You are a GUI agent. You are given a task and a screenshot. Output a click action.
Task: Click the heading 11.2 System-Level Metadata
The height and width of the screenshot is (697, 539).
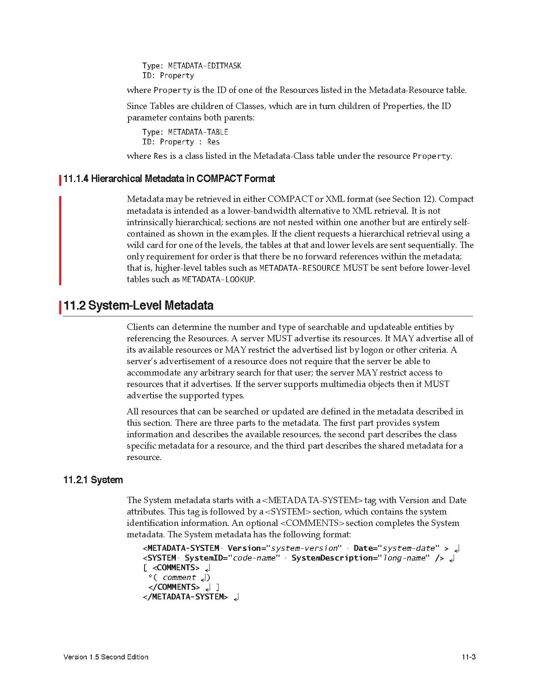138,305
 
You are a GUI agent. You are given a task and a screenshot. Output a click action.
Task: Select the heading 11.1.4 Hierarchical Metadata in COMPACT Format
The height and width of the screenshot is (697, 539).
169,179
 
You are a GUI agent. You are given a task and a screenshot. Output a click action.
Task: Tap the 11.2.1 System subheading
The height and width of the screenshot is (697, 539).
93,480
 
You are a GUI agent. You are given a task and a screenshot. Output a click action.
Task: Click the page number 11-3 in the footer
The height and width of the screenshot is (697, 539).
469,657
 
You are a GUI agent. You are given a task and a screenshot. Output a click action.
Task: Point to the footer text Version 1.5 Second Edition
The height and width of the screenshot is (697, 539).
106,657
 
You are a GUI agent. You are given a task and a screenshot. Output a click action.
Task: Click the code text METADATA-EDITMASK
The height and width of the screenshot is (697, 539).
205,66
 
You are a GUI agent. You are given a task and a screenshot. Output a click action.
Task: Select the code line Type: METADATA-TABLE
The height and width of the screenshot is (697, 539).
185,132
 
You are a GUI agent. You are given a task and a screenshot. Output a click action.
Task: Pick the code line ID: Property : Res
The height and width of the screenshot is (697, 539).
181,142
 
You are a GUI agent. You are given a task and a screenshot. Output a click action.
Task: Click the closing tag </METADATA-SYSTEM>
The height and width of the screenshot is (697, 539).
186,596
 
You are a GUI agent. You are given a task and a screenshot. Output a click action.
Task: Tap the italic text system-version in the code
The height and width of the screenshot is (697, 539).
304,548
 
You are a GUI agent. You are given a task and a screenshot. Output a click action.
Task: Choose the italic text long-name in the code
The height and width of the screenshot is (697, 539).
403,558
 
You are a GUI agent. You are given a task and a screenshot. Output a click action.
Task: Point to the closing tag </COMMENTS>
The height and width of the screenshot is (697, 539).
174,587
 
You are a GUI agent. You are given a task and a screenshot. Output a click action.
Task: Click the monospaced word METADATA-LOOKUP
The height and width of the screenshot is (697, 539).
218,279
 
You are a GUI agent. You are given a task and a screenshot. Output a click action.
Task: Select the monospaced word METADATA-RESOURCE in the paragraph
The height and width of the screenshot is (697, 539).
299,268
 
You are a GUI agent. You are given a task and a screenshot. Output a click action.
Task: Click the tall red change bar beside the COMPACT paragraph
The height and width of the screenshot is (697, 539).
60,240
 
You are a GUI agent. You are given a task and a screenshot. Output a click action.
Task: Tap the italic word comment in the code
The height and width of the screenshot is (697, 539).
179,577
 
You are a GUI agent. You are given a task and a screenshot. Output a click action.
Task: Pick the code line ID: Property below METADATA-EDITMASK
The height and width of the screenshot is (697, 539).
168,76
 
